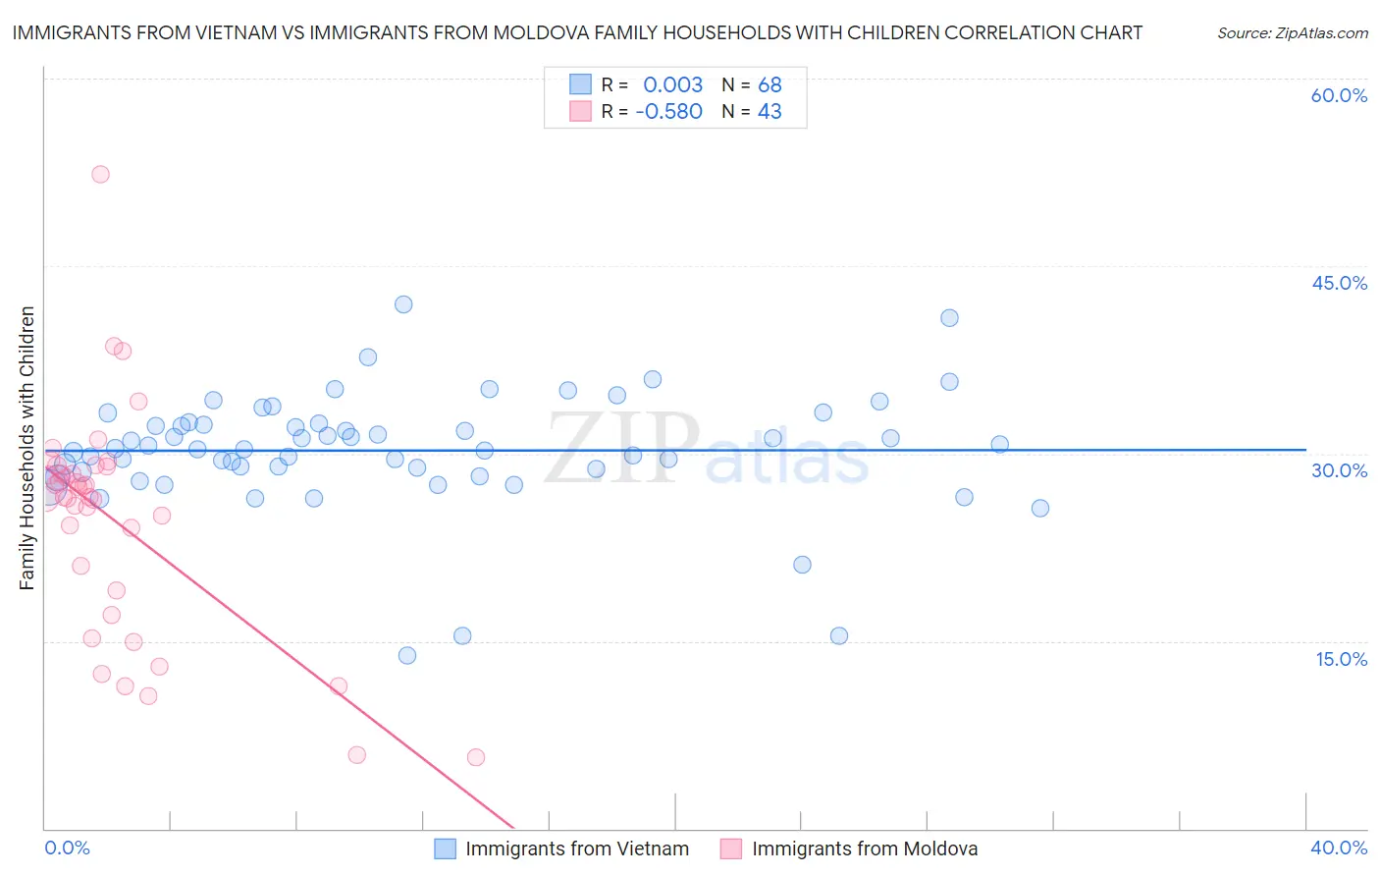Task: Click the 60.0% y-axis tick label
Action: pyautogui.click(x=1339, y=95)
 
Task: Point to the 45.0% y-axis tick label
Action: pyautogui.click(x=1339, y=283)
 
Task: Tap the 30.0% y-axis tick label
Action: pyautogui.click(x=1339, y=470)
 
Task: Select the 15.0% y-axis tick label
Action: pyautogui.click(x=1341, y=659)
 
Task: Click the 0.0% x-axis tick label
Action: pyautogui.click(x=67, y=848)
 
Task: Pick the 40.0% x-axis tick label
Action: pyautogui.click(x=1339, y=848)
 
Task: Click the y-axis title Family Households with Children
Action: pyautogui.click(x=27, y=448)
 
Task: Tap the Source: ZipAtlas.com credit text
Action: pyautogui.click(x=1292, y=33)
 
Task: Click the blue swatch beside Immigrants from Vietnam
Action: pyautogui.click(x=446, y=849)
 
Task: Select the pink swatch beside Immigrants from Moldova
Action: pyautogui.click(x=731, y=849)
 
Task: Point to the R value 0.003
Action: pyautogui.click(x=672, y=84)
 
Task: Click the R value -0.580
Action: pyautogui.click(x=668, y=111)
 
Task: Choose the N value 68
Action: pyautogui.click(x=770, y=84)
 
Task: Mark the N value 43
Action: pyautogui.click(x=770, y=111)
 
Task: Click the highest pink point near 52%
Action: pyautogui.click(x=100, y=174)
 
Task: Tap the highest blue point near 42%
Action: pyautogui.click(x=403, y=304)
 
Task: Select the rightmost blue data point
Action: pyautogui.click(x=1040, y=508)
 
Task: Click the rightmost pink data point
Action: pyautogui.click(x=476, y=757)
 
